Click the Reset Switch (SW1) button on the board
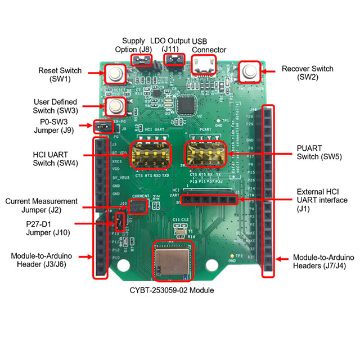116,74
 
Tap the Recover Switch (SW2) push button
248,72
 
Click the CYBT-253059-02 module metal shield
172,262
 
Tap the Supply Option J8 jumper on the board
141,60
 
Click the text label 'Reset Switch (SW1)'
59,75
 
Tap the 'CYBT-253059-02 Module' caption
172,291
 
